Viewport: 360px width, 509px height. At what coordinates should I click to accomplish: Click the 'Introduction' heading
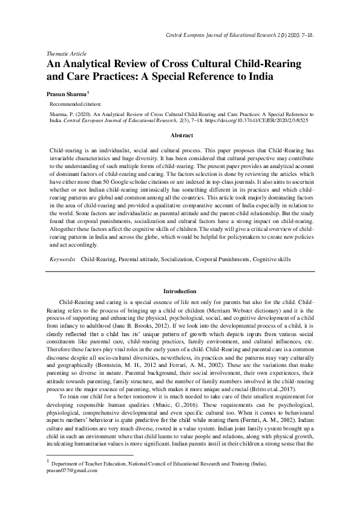pyautogui.click(x=180, y=291)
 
